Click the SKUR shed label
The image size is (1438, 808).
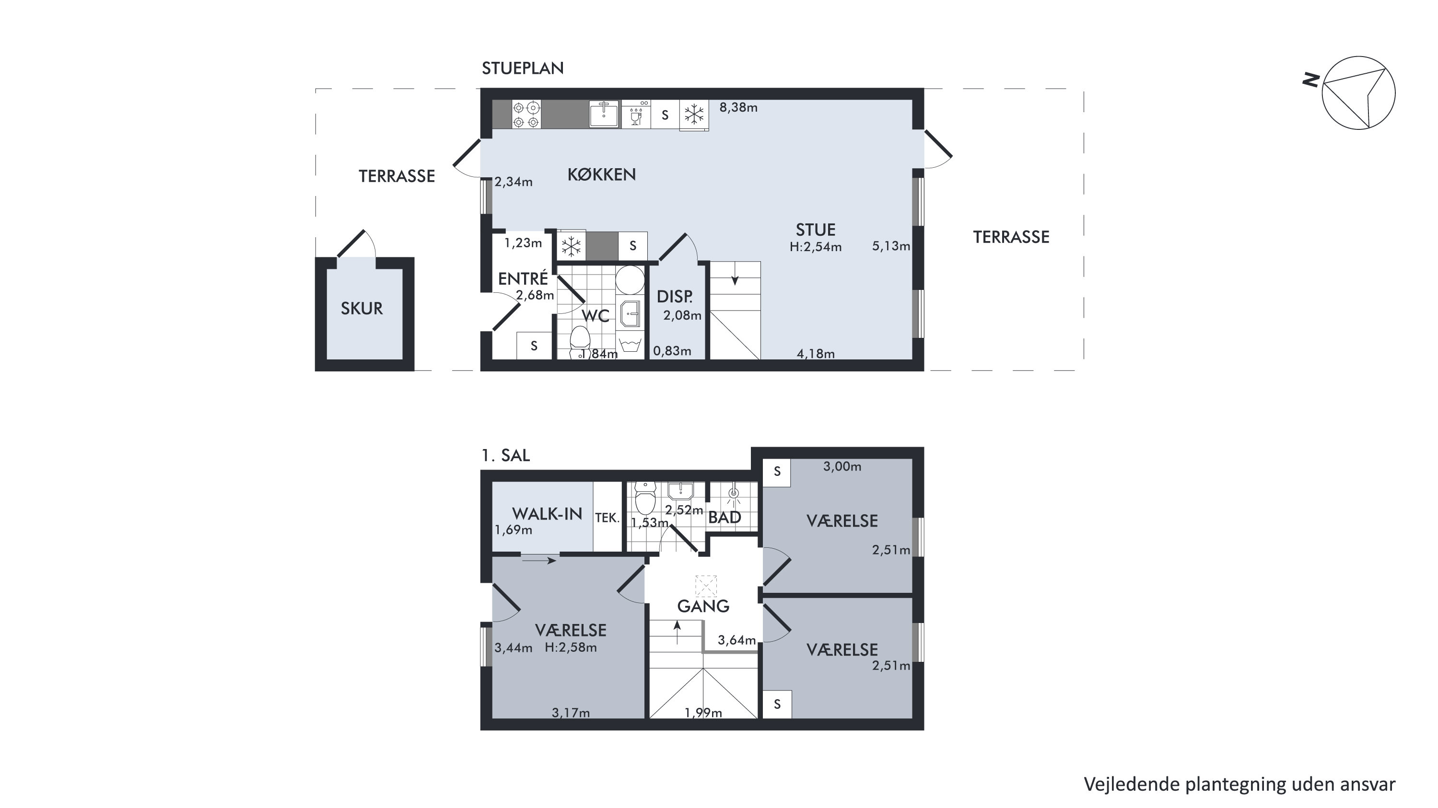click(362, 309)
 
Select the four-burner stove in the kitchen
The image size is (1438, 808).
click(526, 115)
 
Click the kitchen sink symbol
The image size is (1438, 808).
click(604, 114)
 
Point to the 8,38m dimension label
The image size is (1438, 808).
click(738, 108)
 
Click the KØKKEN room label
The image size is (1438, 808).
click(601, 174)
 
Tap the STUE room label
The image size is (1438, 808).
click(816, 230)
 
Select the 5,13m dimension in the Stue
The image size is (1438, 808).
click(891, 246)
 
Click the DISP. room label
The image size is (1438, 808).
click(674, 296)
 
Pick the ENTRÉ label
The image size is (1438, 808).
click(523, 278)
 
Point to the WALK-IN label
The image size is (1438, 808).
click(547, 514)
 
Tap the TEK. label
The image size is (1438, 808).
click(608, 518)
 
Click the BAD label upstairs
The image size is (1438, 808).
click(725, 517)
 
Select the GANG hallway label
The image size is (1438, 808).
click(703, 606)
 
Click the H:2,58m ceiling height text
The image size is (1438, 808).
click(571, 647)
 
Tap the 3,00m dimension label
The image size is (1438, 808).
click(842, 466)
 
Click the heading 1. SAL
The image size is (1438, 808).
click(505, 455)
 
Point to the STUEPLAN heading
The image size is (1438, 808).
click(523, 68)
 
